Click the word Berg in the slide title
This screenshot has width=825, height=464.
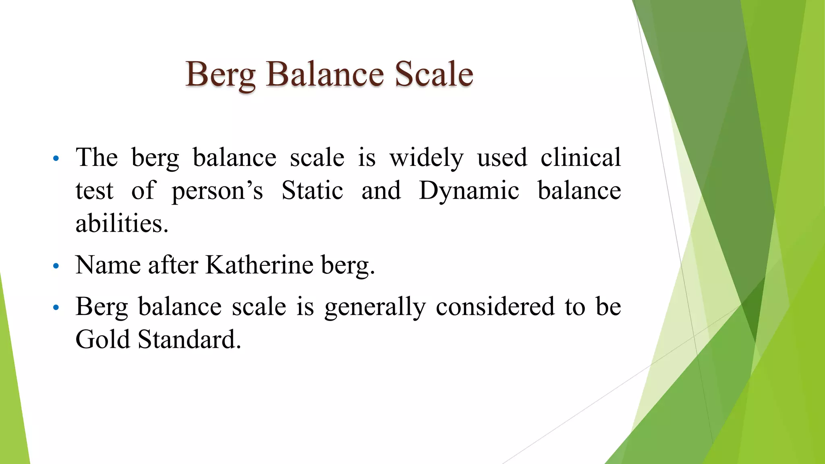tap(220, 75)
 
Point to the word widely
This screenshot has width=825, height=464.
tap(426, 157)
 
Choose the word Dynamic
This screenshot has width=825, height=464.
tap(469, 191)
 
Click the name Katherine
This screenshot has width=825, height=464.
tap(259, 265)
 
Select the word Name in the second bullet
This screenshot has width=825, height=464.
tap(108, 265)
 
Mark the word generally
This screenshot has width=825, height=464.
tap(375, 307)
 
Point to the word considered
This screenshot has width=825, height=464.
tap(495, 307)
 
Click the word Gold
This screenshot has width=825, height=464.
tap(103, 339)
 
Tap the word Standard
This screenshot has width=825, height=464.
tap(189, 339)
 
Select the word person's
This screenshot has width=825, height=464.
tap(218, 191)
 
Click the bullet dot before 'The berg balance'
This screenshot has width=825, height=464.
tap(56, 158)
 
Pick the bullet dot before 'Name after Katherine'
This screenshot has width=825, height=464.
tap(56, 266)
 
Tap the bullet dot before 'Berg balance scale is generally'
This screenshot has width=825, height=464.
tap(56, 308)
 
